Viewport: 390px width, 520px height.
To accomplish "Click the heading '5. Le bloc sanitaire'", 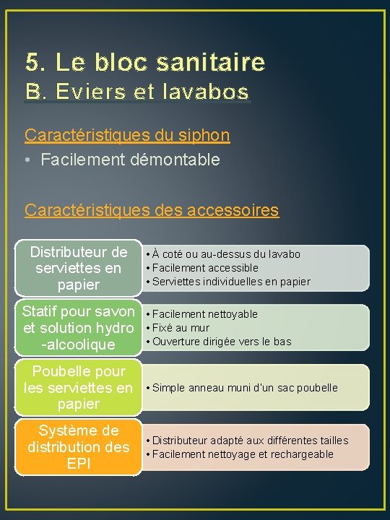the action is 145,63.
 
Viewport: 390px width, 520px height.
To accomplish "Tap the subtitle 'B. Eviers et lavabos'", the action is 137,92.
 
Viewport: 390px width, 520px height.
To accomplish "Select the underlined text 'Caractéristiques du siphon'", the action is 127,135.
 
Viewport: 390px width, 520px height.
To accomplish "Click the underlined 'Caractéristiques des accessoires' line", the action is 152,210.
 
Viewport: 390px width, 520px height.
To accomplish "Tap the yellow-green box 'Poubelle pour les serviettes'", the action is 79,387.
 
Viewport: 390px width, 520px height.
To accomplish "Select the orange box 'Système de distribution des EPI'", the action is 79,447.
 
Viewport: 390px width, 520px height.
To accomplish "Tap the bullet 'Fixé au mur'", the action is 181,328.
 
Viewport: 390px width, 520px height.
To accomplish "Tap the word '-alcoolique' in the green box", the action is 79,344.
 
